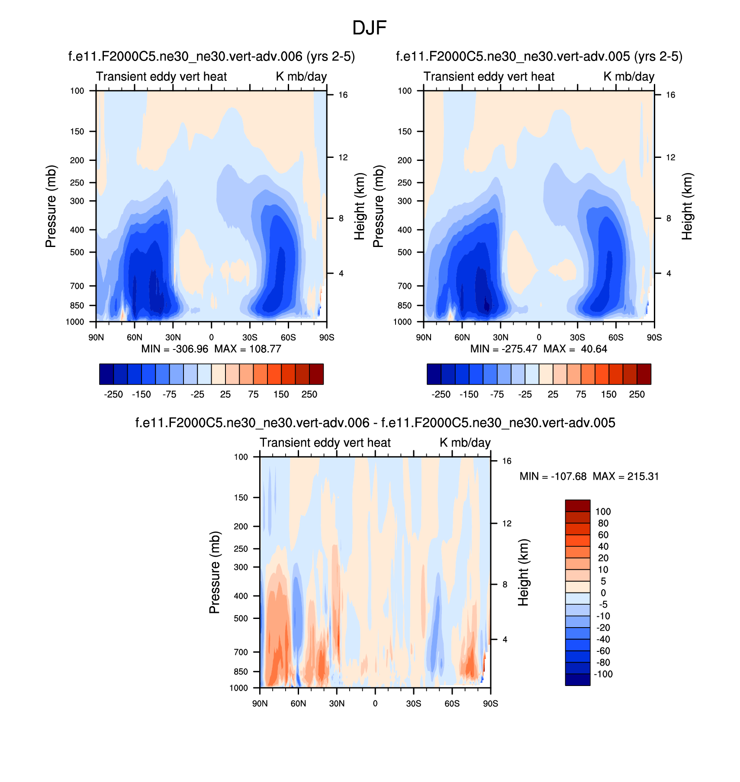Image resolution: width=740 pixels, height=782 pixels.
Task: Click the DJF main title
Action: [369, 28]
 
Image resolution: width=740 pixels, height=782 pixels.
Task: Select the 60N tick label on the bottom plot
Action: [298, 704]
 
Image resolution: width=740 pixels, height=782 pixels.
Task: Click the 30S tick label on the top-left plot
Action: [250, 337]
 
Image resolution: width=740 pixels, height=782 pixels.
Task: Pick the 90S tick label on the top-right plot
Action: [654, 337]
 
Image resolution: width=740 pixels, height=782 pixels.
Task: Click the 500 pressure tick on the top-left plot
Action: [77, 252]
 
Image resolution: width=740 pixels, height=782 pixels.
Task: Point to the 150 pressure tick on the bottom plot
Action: [241, 498]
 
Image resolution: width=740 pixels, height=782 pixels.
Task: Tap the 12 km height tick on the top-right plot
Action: [670, 157]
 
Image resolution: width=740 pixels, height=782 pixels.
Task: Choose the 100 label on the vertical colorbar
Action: [603, 512]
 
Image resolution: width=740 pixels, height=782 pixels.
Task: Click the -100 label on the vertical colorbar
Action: [603, 674]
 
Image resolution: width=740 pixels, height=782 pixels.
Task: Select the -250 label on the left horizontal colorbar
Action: [113, 394]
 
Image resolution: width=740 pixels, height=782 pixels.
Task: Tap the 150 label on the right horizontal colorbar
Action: [608, 394]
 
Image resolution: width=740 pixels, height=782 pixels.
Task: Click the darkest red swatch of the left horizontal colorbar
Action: [316, 374]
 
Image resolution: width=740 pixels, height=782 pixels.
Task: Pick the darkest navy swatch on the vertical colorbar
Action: [577, 679]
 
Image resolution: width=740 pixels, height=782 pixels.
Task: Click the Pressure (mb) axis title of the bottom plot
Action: [215, 572]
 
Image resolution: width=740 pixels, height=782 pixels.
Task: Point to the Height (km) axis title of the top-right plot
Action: [687, 206]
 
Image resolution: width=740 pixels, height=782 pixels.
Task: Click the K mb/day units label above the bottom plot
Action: [465, 443]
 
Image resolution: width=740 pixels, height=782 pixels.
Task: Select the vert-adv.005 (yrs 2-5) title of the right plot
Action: [539, 57]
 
